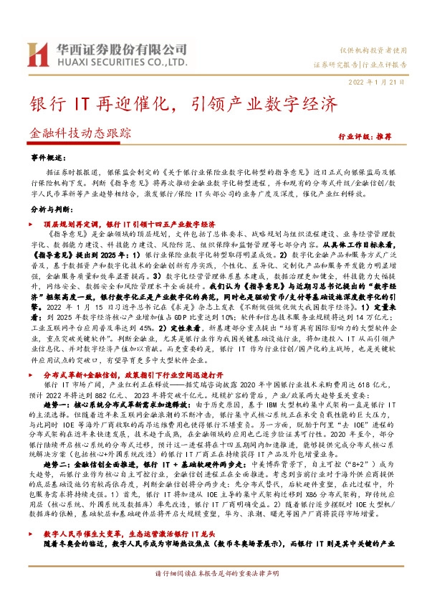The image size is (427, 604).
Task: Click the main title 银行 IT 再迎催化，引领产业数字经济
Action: [x=183, y=103]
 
